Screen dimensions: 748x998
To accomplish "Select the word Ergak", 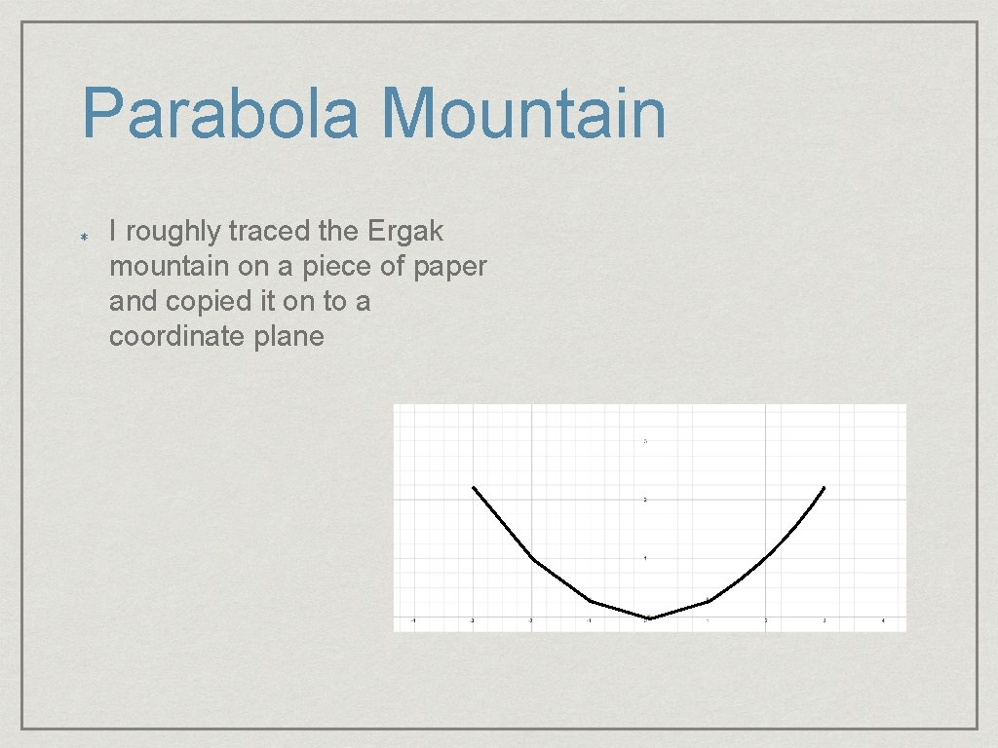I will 405,232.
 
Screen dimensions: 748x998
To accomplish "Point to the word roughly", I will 172,233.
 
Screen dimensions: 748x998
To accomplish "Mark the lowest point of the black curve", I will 649,617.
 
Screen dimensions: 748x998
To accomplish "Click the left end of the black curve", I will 473,486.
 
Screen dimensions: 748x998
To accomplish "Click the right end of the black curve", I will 825,486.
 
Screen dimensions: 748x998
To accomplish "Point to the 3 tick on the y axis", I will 645,441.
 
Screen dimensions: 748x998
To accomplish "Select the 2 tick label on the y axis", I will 645,500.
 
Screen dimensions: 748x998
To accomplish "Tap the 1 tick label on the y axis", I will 645,558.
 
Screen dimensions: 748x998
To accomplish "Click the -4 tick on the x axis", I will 413,620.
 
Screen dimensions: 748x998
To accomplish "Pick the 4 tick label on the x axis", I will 883,620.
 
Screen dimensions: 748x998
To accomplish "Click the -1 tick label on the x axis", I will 589,620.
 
